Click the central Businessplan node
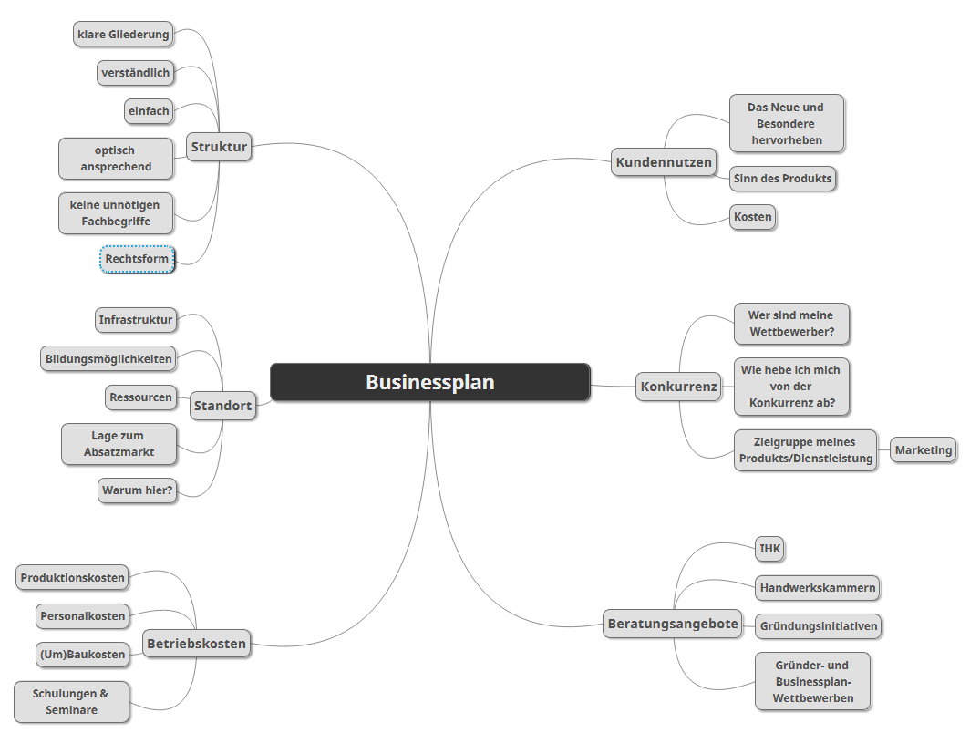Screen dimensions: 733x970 [x=430, y=382]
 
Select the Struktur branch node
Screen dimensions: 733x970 [x=219, y=146]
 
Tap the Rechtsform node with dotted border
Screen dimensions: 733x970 [x=137, y=259]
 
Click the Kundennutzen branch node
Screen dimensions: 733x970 [x=664, y=162]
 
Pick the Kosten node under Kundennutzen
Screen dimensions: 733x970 [x=753, y=217]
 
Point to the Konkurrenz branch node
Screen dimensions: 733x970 [x=678, y=387]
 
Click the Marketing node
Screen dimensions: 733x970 [x=924, y=450]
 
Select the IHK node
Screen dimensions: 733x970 [x=770, y=549]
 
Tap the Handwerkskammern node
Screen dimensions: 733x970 [x=818, y=588]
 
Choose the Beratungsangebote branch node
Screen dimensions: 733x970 [x=672, y=625]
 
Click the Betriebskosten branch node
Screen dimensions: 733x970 [x=196, y=644]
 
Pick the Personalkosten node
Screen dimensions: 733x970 [x=83, y=616]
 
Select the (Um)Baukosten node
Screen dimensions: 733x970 [x=82, y=655]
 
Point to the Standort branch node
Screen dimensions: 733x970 [x=222, y=407]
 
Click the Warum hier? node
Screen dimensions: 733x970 [x=138, y=490]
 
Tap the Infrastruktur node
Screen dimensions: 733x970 [x=136, y=320]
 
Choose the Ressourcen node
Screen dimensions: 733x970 [x=140, y=397]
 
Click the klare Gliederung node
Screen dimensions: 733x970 [x=124, y=35]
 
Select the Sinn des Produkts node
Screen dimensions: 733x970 [x=783, y=179]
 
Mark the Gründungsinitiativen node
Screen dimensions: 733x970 [x=819, y=626]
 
